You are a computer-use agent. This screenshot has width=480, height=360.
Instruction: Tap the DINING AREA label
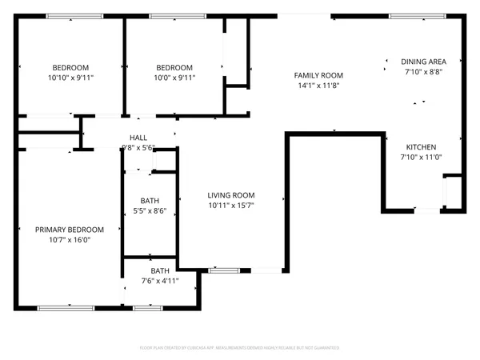tap(422, 61)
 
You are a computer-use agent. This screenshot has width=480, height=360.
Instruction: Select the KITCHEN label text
tap(421, 147)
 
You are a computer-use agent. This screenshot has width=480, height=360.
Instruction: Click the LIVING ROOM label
tap(230, 195)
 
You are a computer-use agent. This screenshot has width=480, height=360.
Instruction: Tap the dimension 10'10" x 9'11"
tap(70, 78)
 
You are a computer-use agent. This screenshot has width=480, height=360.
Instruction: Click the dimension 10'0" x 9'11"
tap(174, 78)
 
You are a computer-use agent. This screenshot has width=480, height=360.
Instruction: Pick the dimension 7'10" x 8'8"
tap(422, 71)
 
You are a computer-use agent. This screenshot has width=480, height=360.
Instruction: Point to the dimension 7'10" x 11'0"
tap(421, 158)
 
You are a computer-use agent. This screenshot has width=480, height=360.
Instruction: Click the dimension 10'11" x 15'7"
tap(230, 206)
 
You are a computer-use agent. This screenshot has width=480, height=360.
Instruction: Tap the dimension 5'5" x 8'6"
tap(150, 211)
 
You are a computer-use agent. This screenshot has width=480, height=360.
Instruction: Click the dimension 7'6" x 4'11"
tap(160, 281)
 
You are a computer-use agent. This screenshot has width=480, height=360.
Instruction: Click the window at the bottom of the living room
tap(219, 270)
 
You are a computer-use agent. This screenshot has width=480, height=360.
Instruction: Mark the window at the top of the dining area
tap(411, 15)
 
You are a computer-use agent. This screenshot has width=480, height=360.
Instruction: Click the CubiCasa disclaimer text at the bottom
tap(240, 348)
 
